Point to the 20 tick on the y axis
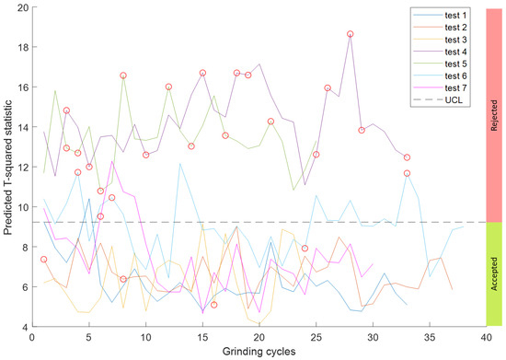(22, 7)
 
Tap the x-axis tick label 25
(316, 338)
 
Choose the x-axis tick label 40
(486, 338)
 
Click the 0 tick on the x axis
(33, 338)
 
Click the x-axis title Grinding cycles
(259, 352)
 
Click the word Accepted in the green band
(494, 274)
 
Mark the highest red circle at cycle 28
(351, 34)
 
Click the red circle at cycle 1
(44, 260)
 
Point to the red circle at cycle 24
(305, 249)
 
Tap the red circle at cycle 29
(362, 130)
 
